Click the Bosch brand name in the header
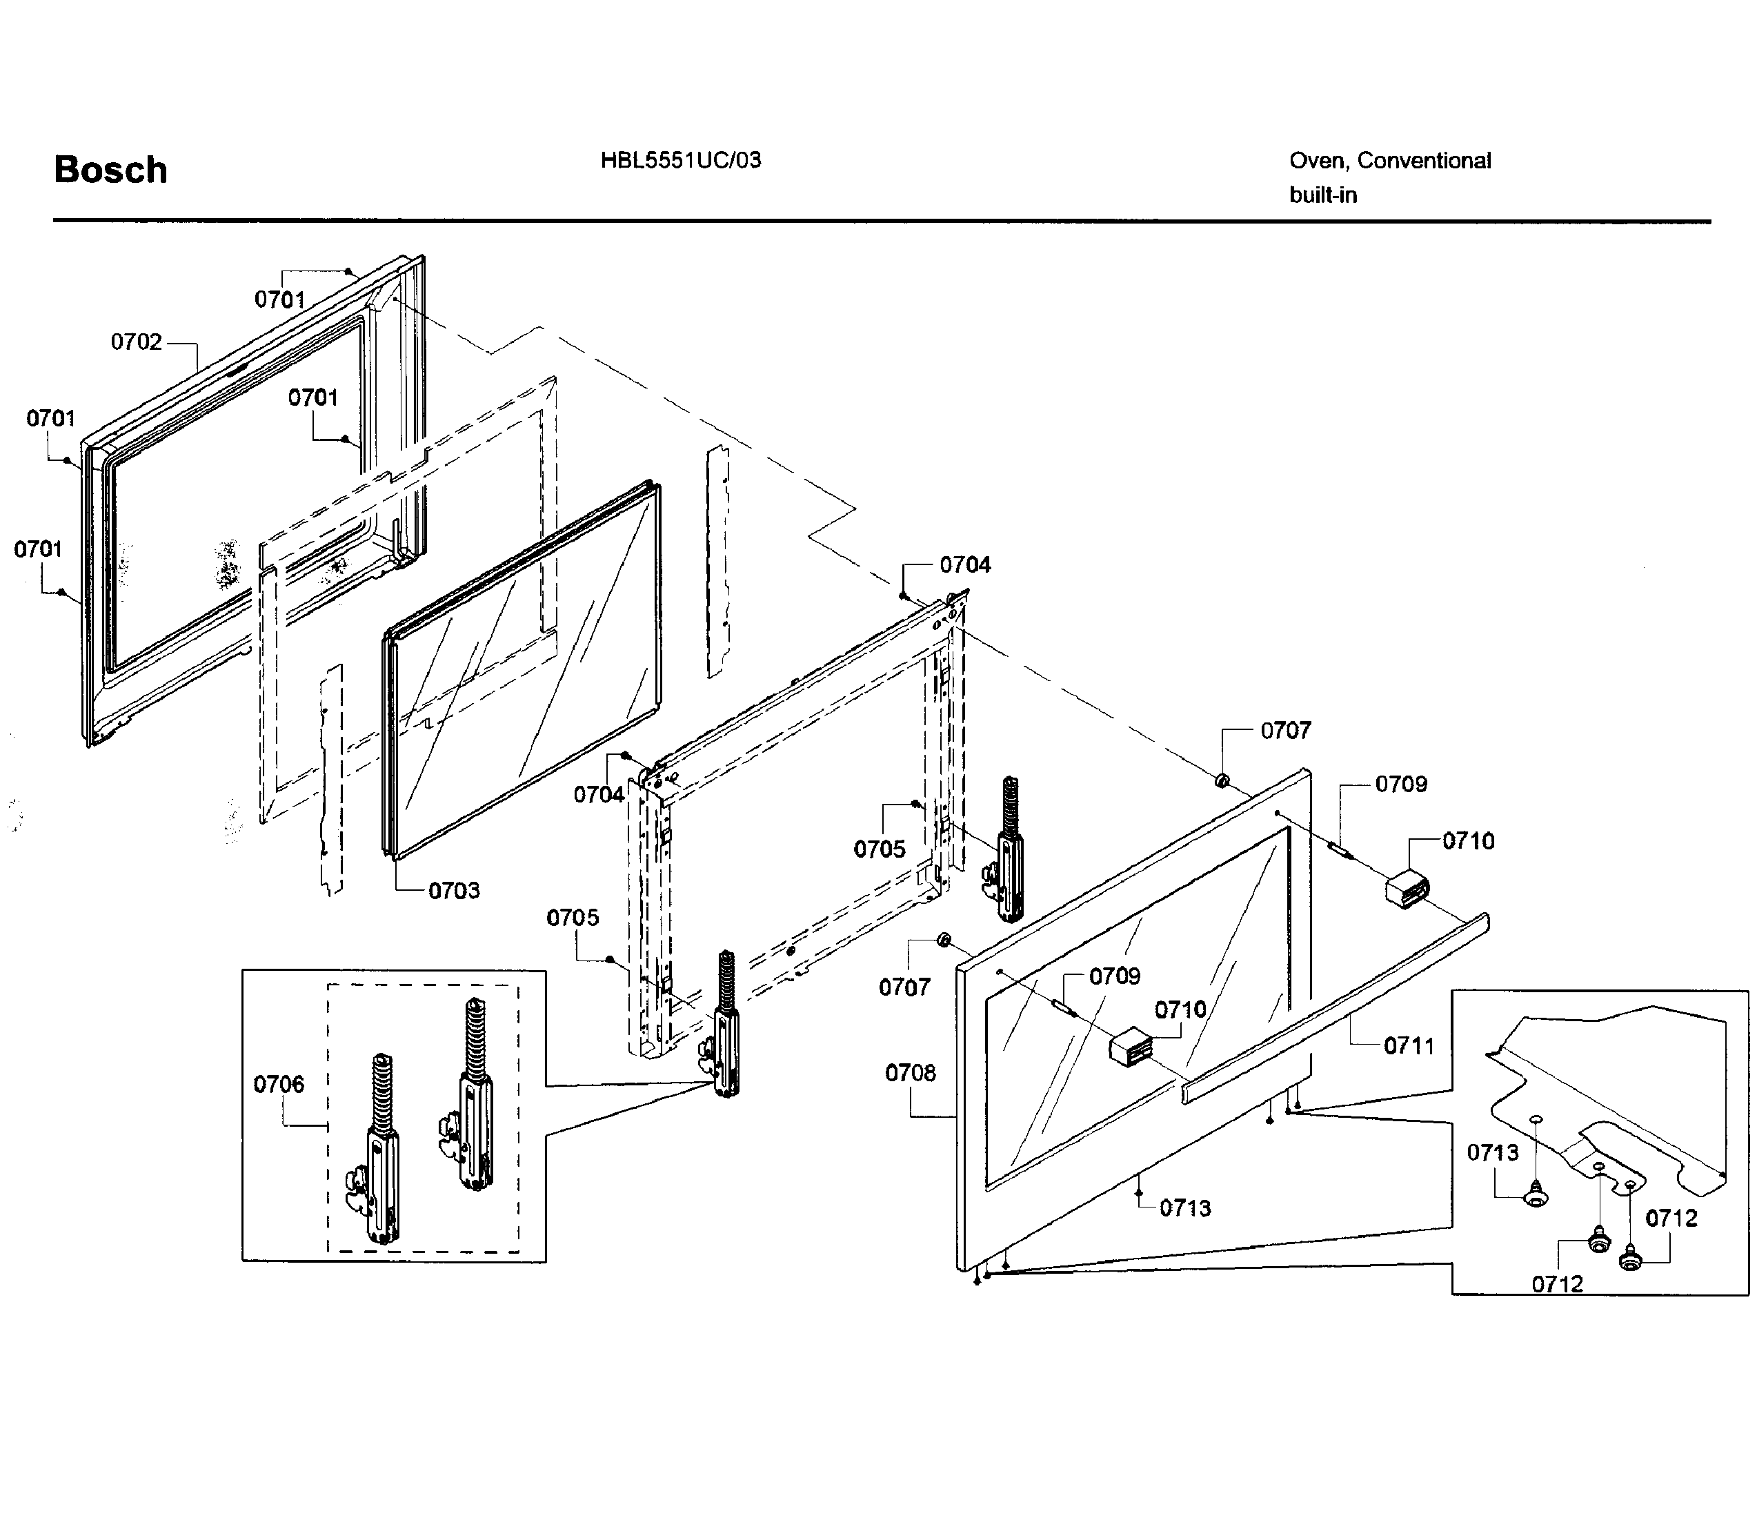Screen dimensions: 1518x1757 (x=110, y=170)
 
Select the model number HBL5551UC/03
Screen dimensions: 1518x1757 (x=680, y=159)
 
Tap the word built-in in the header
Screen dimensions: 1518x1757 (x=1323, y=195)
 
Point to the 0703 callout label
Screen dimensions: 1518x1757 (x=454, y=891)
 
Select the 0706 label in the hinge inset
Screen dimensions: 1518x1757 (x=278, y=1084)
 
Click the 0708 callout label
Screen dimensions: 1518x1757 (x=910, y=1073)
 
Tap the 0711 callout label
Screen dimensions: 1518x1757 (x=1409, y=1045)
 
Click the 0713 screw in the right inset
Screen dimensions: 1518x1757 (x=1535, y=1197)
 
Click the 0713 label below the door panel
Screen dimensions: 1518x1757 (x=1184, y=1207)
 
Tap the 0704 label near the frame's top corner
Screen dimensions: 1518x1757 (x=965, y=565)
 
